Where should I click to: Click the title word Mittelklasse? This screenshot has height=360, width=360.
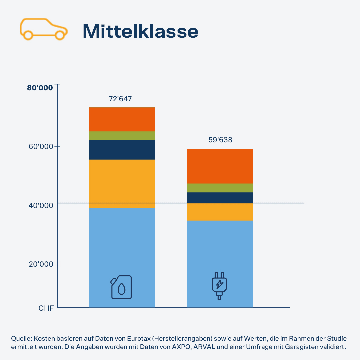click(x=140, y=31)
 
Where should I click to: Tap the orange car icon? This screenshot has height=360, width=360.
click(x=43, y=30)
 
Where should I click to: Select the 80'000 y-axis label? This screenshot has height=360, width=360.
click(x=40, y=88)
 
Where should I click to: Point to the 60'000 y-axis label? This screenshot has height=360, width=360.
click(x=41, y=147)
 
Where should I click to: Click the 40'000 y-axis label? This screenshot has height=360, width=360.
click(x=41, y=206)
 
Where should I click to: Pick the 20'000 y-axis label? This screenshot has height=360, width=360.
click(x=41, y=264)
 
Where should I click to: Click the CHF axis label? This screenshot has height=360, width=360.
click(x=46, y=308)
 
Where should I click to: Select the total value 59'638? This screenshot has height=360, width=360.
click(x=220, y=140)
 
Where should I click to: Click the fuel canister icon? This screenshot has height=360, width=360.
click(x=121, y=287)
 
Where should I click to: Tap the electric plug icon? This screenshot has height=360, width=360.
click(x=219, y=286)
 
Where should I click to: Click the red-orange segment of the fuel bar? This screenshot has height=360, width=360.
click(x=122, y=119)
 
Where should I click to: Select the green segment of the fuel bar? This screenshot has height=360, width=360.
click(x=122, y=136)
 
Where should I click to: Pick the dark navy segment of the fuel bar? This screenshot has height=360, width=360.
click(x=122, y=150)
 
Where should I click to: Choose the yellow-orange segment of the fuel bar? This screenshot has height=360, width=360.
click(x=122, y=184)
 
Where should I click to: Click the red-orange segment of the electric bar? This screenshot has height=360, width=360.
click(x=220, y=166)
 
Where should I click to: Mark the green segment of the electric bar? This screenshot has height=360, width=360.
click(x=220, y=188)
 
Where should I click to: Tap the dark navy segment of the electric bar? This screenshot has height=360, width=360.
click(x=220, y=197)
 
